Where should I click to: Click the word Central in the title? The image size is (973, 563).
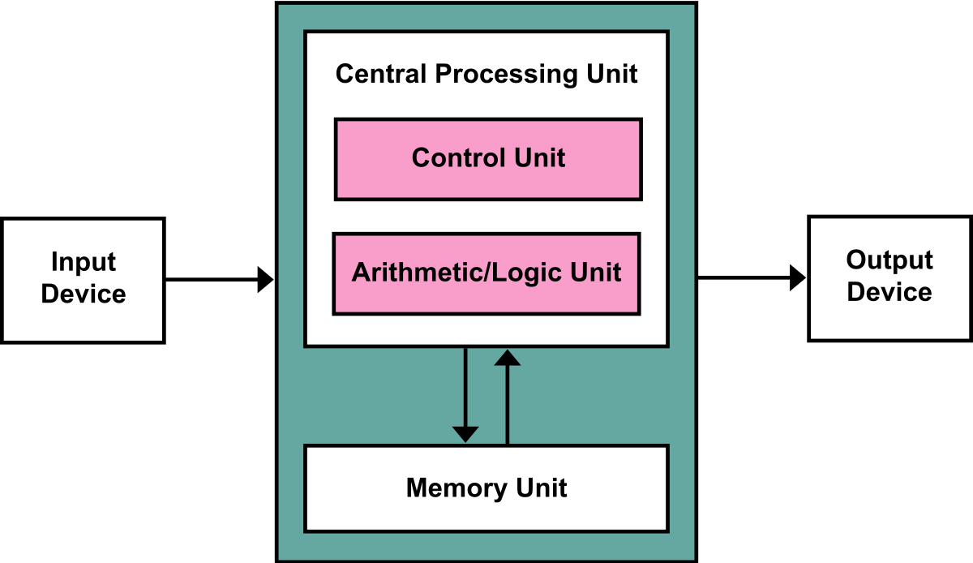pos(381,74)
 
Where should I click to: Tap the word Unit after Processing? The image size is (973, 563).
pos(611,74)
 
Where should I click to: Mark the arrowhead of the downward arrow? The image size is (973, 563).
pos(465,434)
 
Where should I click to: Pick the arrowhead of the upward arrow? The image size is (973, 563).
pos(508,357)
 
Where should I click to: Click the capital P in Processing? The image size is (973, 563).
pos(444,74)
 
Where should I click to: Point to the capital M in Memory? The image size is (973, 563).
pos(417,488)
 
